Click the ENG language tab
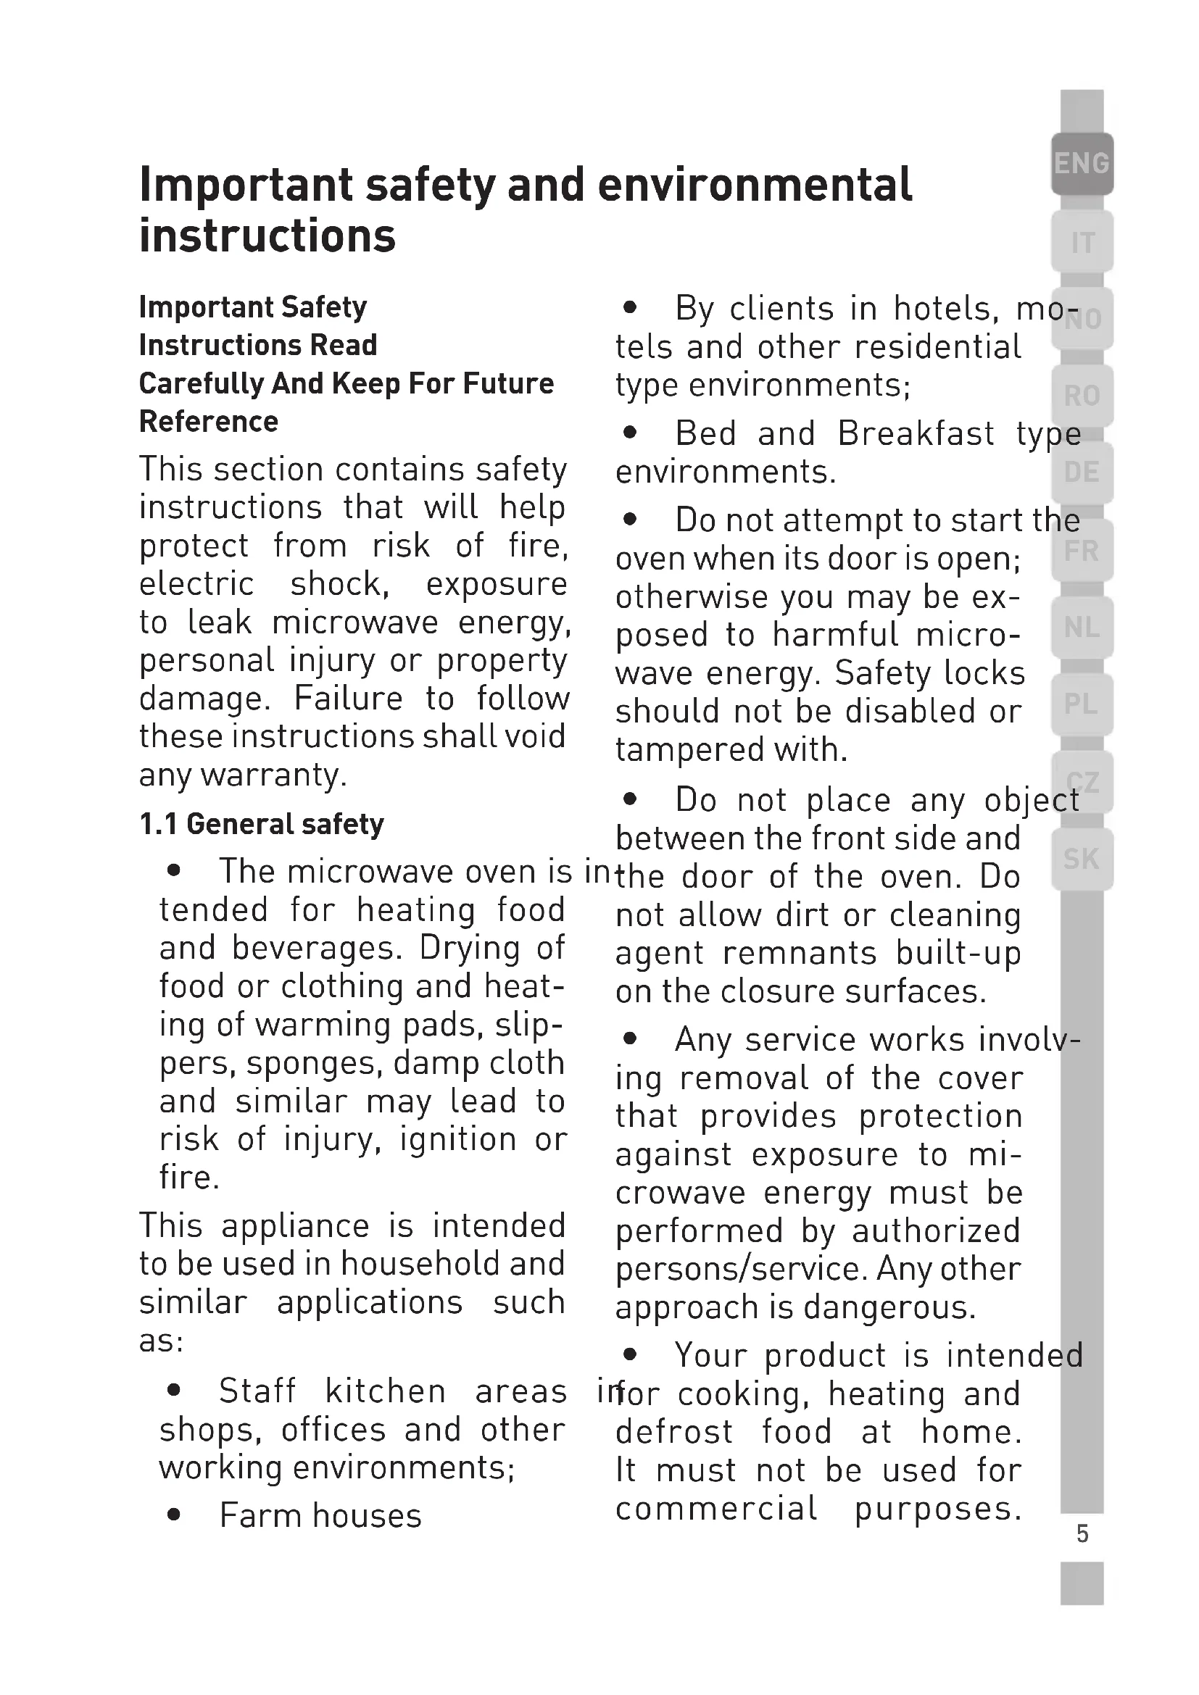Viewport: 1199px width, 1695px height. pyautogui.click(x=1082, y=163)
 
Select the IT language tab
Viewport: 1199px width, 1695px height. pyautogui.click(x=1082, y=242)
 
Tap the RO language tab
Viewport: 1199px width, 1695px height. pyautogui.click(x=1082, y=396)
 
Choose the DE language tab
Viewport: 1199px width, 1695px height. pyautogui.click(x=1082, y=472)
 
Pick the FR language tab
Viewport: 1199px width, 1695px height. pyautogui.click(x=1082, y=551)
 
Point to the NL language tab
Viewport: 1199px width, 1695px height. pyautogui.click(x=1082, y=628)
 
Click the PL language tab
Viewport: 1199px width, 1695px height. pyautogui.click(x=1082, y=704)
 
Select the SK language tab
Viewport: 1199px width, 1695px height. pyautogui.click(x=1082, y=859)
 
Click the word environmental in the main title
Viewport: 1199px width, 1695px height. pyautogui.click(x=755, y=185)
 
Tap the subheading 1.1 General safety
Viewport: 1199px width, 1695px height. pyautogui.click(x=262, y=824)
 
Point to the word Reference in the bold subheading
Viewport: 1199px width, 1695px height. pyautogui.click(x=209, y=422)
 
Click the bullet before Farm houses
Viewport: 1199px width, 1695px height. pyautogui.click(x=174, y=1515)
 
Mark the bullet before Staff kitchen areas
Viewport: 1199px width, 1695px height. pyautogui.click(x=174, y=1391)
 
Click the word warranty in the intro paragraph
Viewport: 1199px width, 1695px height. pyautogui.click(x=273, y=775)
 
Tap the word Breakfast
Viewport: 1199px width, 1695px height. pyautogui.click(x=916, y=433)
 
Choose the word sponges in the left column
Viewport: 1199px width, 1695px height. pyautogui.click(x=314, y=1064)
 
